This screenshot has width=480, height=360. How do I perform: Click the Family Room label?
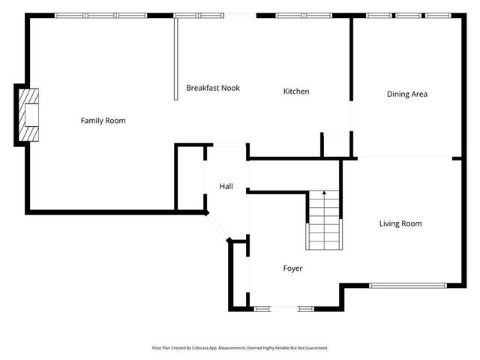click(x=103, y=121)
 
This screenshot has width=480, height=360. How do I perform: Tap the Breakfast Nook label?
click(x=213, y=88)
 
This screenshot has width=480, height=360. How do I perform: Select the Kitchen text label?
click(x=295, y=91)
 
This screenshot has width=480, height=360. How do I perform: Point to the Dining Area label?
click(x=407, y=94)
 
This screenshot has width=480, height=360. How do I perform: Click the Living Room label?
click(x=400, y=223)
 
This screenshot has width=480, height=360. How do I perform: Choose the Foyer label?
click(x=292, y=268)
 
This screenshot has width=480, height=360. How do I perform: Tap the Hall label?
click(x=226, y=186)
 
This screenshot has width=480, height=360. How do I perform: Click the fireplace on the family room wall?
click(x=28, y=115)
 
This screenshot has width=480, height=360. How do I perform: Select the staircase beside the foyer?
click(x=323, y=221)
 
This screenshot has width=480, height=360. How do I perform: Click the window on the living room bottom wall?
click(x=408, y=285)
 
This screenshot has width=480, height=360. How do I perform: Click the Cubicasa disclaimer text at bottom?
click(x=240, y=348)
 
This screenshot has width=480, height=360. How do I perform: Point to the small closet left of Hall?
click(x=190, y=178)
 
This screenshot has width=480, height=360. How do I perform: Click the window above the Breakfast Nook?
click(x=197, y=15)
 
